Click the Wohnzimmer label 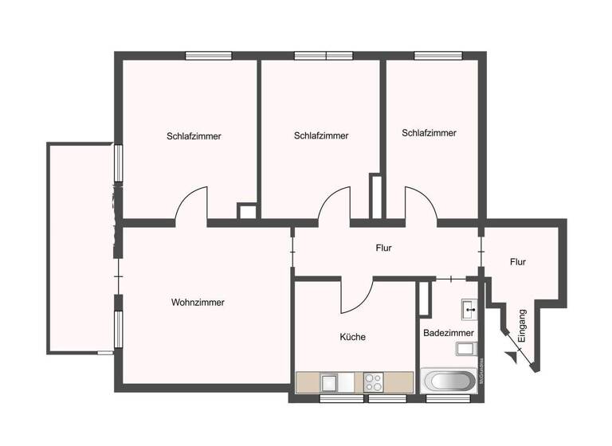pyautogui.click(x=198, y=303)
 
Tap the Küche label pyautogui.click(x=352, y=337)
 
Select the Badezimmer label pyautogui.click(x=449, y=333)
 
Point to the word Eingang pyautogui.click(x=522, y=326)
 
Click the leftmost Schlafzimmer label pyautogui.click(x=194, y=136)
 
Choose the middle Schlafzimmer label pyautogui.click(x=321, y=136)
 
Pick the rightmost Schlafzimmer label pyautogui.click(x=430, y=133)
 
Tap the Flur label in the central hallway pyautogui.click(x=384, y=248)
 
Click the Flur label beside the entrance pyautogui.click(x=518, y=261)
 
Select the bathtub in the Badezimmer pyautogui.click(x=448, y=380)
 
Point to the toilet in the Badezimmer pyautogui.click(x=465, y=348)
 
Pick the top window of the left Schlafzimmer pyautogui.click(x=209, y=56)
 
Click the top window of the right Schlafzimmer pyautogui.click(x=438, y=56)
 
